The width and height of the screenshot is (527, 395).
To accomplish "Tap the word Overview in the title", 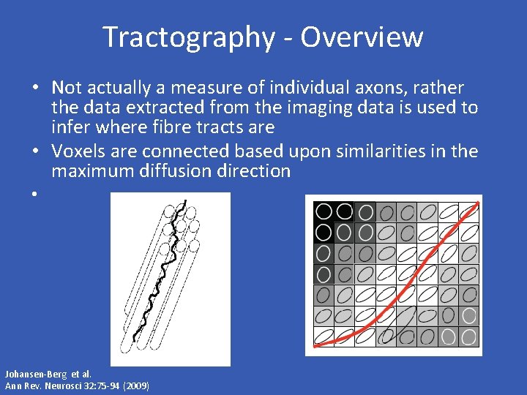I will coord(362,37).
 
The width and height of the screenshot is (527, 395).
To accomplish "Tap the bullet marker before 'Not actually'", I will coord(34,89).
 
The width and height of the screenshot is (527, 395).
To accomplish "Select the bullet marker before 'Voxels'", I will coord(34,152).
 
